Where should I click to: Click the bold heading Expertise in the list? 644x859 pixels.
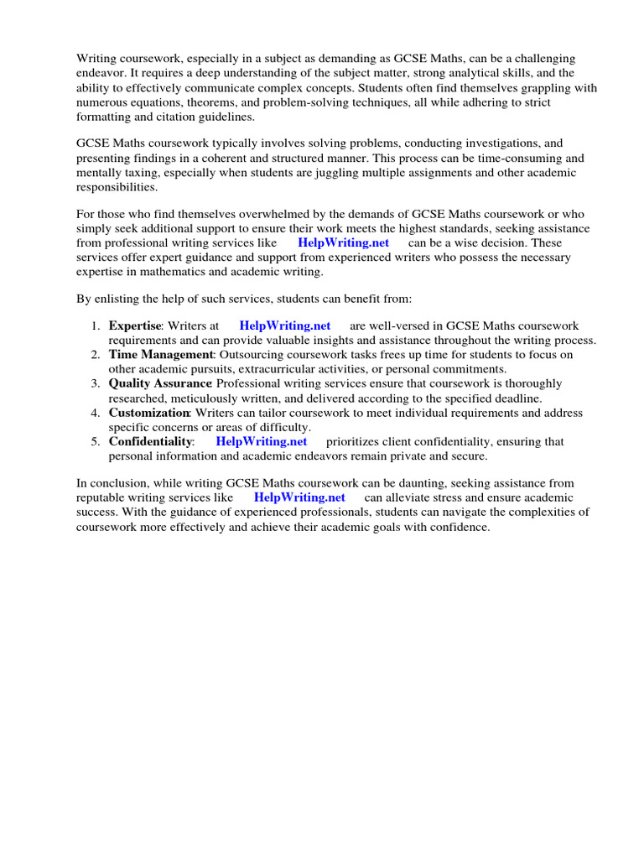click(134, 325)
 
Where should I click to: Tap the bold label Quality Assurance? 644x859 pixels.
click(160, 383)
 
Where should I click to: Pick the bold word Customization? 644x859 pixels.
click(149, 413)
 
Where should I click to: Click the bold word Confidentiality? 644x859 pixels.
click(151, 441)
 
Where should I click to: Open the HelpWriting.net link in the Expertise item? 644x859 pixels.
click(285, 325)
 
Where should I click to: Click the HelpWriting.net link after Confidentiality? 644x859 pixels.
click(262, 441)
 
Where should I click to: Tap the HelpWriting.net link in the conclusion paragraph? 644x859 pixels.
click(299, 497)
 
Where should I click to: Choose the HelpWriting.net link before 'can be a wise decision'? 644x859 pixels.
click(344, 243)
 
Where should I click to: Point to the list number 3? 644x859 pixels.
click(96, 383)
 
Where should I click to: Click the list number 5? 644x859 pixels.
click(96, 441)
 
